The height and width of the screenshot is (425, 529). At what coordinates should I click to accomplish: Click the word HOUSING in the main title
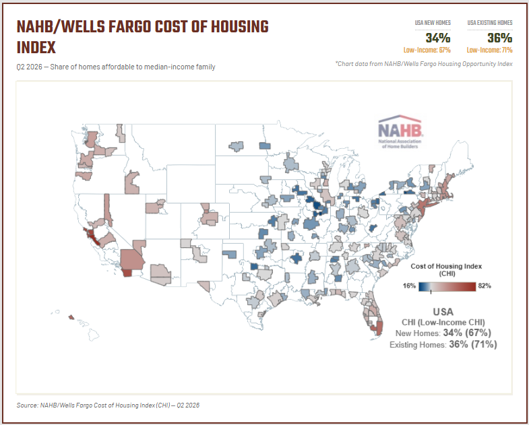click(x=239, y=27)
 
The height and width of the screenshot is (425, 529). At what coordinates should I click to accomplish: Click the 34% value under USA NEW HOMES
click(x=438, y=38)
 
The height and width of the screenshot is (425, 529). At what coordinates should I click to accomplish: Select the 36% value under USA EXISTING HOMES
click(x=499, y=38)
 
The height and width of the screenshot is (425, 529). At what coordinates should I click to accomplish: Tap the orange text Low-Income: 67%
click(x=427, y=51)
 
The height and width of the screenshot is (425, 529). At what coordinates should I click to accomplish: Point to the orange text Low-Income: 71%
click(x=489, y=51)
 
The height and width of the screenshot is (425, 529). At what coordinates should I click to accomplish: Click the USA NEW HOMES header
click(x=433, y=23)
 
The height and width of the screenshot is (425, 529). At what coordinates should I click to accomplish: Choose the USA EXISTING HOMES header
click(x=490, y=23)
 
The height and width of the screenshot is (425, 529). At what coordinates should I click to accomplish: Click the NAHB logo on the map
click(x=400, y=132)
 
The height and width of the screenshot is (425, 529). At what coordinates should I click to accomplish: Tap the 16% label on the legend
click(x=409, y=286)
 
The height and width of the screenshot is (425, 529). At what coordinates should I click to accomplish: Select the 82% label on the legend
click(x=485, y=286)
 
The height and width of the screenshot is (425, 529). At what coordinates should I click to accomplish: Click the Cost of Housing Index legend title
click(x=446, y=269)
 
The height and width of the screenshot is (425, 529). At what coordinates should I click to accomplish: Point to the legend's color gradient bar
click(x=447, y=287)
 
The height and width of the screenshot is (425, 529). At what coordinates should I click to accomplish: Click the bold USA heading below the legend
click(x=443, y=312)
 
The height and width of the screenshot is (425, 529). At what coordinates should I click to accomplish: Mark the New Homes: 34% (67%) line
click(x=443, y=333)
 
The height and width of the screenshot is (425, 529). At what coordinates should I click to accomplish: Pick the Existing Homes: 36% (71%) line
click(x=443, y=344)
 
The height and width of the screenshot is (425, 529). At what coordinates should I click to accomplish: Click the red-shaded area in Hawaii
click(x=71, y=317)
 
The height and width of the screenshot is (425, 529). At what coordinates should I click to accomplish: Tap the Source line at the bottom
click(x=108, y=405)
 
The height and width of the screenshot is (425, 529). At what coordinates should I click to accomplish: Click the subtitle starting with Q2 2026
click(x=116, y=67)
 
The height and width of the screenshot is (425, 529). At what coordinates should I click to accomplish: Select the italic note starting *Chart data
click(x=424, y=64)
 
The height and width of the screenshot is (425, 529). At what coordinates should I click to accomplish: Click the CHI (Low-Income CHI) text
click(x=443, y=322)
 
